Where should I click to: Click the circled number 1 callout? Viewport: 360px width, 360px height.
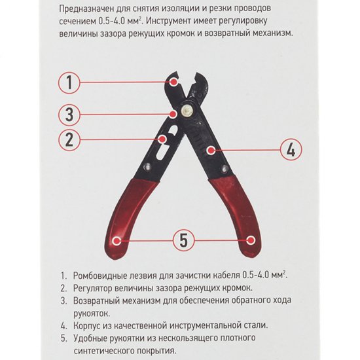tap(69, 82)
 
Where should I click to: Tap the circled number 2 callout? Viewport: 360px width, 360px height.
tap(69, 139)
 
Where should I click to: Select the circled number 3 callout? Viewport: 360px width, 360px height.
tap(69, 115)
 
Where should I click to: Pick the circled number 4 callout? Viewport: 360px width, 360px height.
tap(291, 149)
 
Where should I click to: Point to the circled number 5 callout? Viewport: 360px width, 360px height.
tap(183, 240)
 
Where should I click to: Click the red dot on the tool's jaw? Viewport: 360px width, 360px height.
tap(174, 82)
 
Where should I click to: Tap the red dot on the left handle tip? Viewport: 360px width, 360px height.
tap(117, 241)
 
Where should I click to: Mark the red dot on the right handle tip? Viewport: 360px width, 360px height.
tap(251, 240)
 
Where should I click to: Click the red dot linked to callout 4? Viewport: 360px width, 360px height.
tap(210, 151)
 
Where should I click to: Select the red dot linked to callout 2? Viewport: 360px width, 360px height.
tap(162, 139)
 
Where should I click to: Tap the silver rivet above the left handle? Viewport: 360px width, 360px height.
tap(147, 166)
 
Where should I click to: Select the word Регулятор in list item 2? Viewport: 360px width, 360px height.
tap(92, 288)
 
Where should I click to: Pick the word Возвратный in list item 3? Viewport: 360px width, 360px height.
tap(96, 300)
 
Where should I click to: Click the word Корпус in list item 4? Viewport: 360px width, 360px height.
tap(86, 325)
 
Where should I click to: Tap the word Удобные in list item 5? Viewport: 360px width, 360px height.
tap(90, 338)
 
